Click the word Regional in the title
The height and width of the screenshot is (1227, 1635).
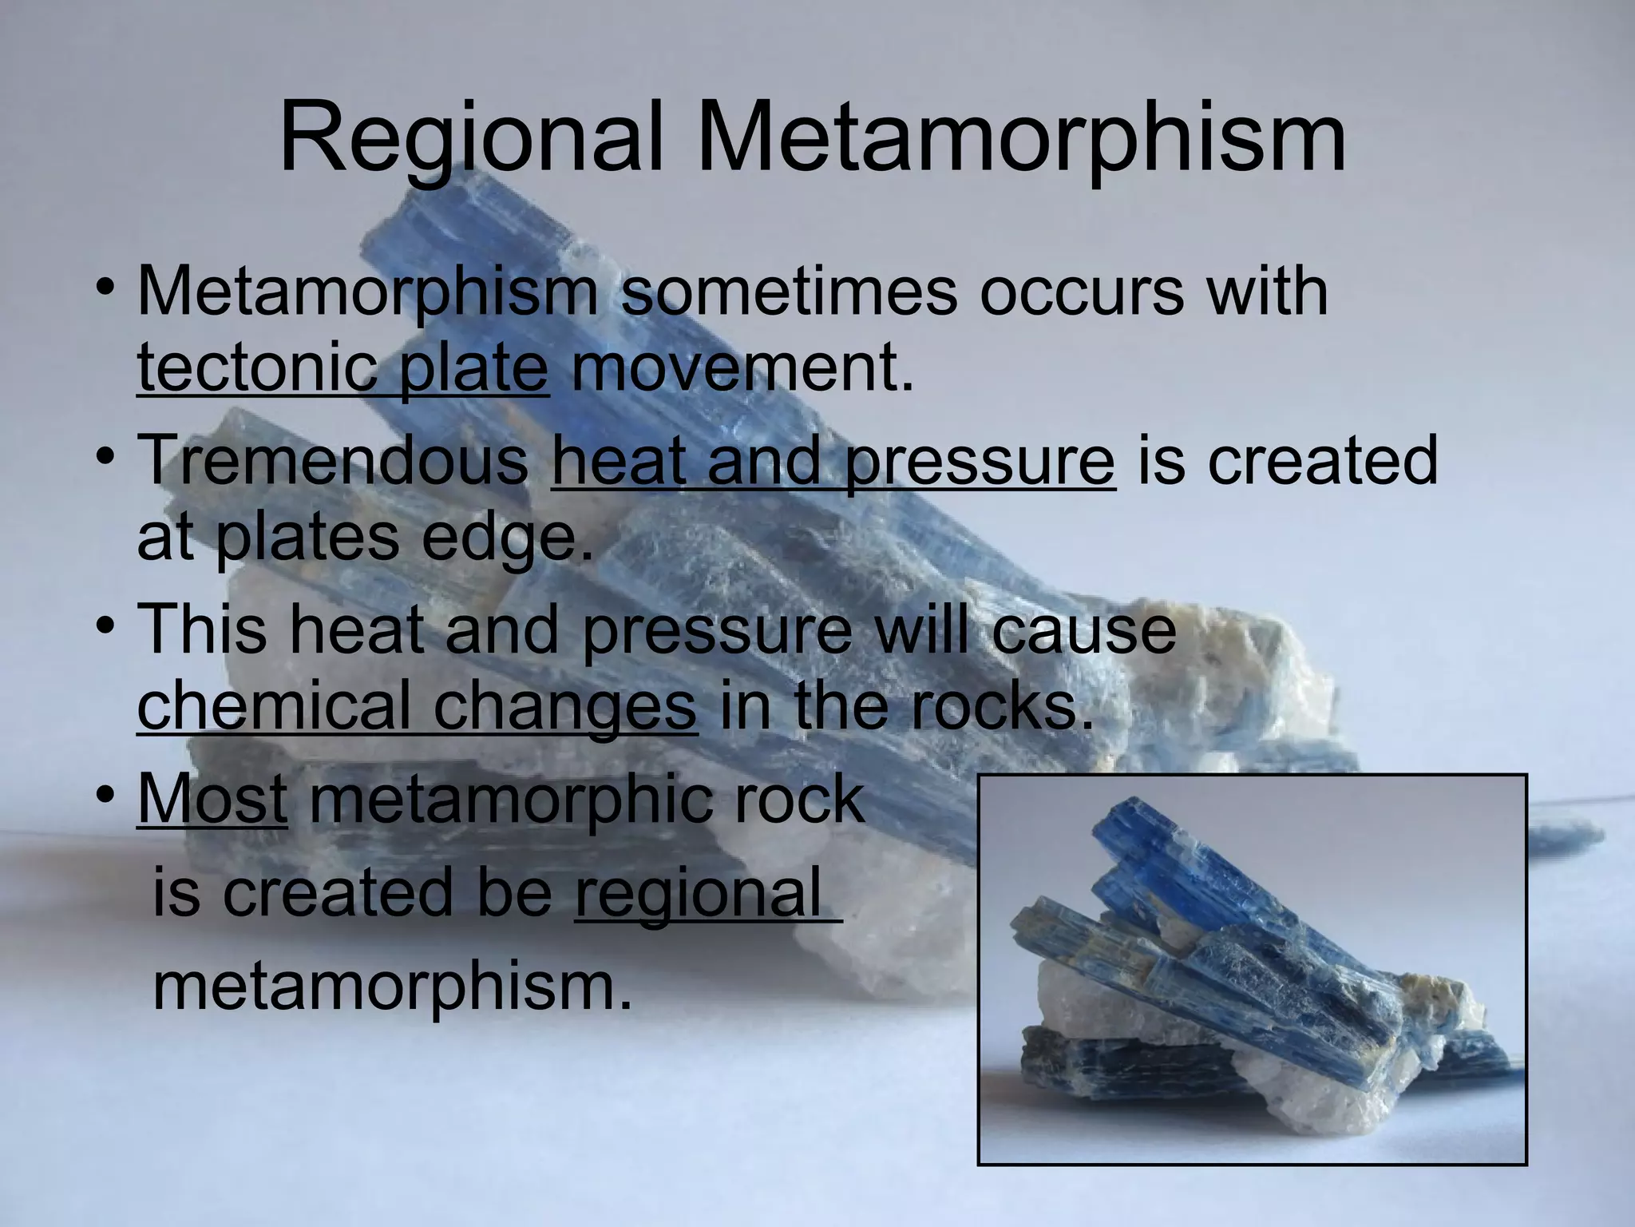pos(471,137)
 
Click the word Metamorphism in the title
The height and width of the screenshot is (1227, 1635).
pos(1022,137)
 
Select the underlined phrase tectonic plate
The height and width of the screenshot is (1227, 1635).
pos(343,368)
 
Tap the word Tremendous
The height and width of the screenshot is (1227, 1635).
pos(334,461)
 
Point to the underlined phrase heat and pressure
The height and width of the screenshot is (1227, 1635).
pos(833,461)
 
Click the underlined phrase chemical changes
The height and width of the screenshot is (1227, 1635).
pos(417,705)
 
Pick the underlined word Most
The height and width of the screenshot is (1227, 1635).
pos(212,799)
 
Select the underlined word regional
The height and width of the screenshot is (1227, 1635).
pos(699,892)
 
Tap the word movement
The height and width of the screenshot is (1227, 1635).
pos(741,368)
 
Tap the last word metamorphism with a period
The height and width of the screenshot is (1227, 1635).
pos(391,986)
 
